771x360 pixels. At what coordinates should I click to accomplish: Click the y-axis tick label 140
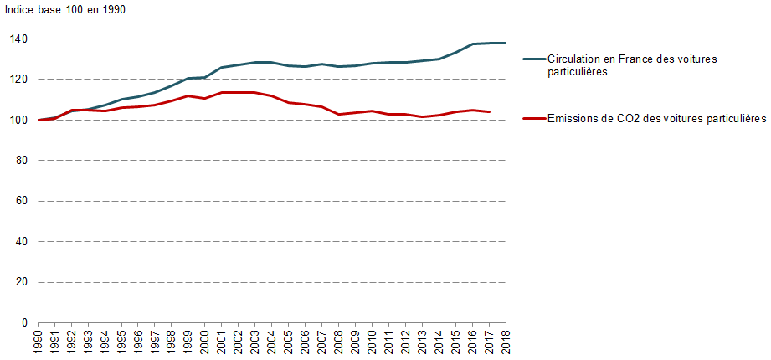click(x=18, y=39)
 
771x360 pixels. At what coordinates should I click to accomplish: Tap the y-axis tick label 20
click(x=21, y=282)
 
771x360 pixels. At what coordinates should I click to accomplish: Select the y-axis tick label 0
click(x=24, y=323)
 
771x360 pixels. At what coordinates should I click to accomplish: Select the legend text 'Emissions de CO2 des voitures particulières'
click(x=656, y=119)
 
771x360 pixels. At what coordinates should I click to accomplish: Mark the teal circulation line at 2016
click(x=472, y=44)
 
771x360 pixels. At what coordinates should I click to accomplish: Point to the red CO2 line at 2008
click(x=338, y=114)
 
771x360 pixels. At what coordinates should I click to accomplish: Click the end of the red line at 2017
click(x=489, y=111)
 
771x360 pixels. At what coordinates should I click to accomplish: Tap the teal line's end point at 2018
click(x=506, y=43)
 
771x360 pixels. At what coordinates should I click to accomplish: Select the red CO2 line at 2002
click(x=239, y=92)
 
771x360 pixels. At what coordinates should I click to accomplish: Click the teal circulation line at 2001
click(x=222, y=68)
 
